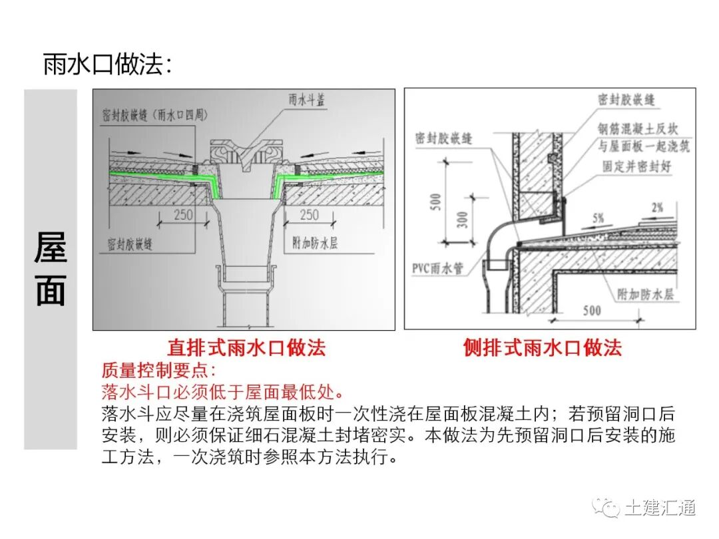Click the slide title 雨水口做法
(x=107, y=65)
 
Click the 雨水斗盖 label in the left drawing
(x=307, y=100)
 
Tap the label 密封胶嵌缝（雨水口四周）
(x=154, y=114)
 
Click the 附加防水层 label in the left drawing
(x=316, y=243)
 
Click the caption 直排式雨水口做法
(x=246, y=347)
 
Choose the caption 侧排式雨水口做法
(x=543, y=347)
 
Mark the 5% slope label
(x=596, y=218)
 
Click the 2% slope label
(x=657, y=208)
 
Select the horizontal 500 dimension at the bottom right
(x=591, y=310)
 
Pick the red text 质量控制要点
(x=158, y=370)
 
